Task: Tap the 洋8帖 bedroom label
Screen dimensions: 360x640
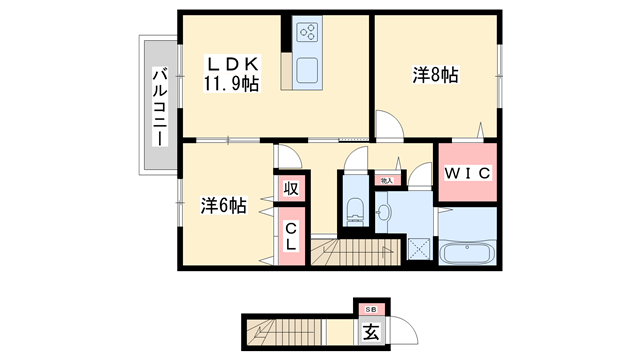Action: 435,75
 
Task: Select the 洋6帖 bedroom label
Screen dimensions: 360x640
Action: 223,206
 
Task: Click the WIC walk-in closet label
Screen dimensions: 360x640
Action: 466,173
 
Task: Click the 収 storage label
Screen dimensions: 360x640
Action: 290,188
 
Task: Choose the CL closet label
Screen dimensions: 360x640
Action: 290,236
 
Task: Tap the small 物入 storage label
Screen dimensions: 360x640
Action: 387,179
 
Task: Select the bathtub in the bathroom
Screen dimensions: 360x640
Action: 468,252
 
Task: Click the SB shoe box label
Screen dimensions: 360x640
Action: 369,311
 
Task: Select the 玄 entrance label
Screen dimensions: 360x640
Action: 369,333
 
